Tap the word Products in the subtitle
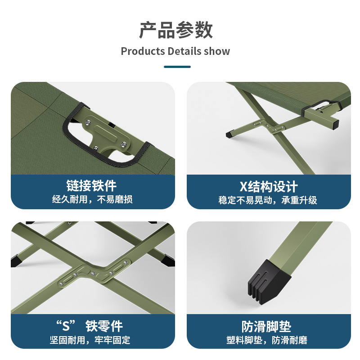(143, 51)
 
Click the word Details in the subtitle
(184, 51)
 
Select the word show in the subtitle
(217, 51)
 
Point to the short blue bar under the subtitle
(177, 67)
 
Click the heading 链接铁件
(92, 185)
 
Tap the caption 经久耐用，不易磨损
(92, 199)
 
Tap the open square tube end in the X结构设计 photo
(333, 123)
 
